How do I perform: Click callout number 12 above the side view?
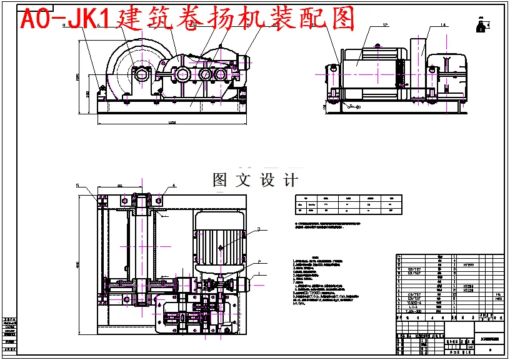click(385, 26)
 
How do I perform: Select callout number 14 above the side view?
click(442, 26)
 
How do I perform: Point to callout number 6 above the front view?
click(98, 26)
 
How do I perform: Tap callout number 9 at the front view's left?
click(64, 26)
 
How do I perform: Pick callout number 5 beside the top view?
click(78, 186)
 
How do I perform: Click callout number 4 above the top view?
click(174, 186)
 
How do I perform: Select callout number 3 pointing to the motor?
click(257, 229)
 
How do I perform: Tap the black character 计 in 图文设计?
click(290, 180)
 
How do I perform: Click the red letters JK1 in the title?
click(76, 19)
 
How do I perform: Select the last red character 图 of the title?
click(341, 19)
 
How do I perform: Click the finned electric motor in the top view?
click(222, 241)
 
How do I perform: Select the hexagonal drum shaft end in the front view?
click(142, 74)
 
